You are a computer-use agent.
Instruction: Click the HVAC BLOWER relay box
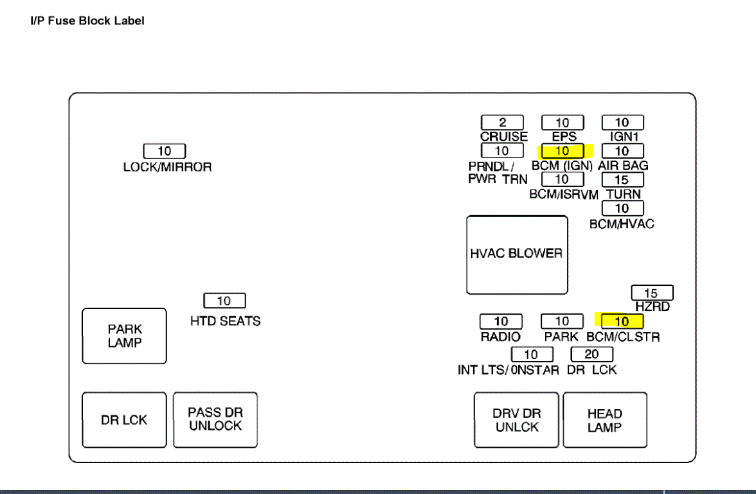pyautogui.click(x=517, y=254)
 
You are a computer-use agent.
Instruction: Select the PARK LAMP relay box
pyautogui.click(x=125, y=336)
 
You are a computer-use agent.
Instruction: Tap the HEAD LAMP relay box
pyautogui.click(x=604, y=420)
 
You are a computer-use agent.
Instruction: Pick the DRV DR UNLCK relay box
pyautogui.click(x=516, y=420)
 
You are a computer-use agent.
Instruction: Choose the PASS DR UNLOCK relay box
pyautogui.click(x=215, y=419)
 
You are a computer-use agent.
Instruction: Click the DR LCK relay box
pyautogui.click(x=124, y=420)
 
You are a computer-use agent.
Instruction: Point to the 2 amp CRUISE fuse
pyautogui.click(x=502, y=123)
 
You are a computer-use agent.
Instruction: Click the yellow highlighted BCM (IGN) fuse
pyautogui.click(x=562, y=151)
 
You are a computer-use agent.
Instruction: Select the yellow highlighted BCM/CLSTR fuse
pyautogui.click(x=622, y=321)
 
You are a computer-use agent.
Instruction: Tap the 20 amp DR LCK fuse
pyautogui.click(x=592, y=354)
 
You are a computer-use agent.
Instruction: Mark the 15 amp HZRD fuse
pyautogui.click(x=652, y=293)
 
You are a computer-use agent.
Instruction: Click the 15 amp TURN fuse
pyautogui.click(x=622, y=180)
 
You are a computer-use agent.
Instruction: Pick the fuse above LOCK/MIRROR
pyautogui.click(x=165, y=152)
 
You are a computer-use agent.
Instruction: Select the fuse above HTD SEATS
pyautogui.click(x=224, y=301)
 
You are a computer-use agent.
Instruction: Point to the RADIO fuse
pyautogui.click(x=501, y=321)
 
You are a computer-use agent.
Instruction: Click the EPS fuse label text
pyautogui.click(x=564, y=137)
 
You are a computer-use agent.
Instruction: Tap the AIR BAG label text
pyautogui.click(x=623, y=165)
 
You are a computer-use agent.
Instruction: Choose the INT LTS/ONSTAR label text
pyautogui.click(x=509, y=370)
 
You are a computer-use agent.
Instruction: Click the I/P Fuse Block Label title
pyautogui.click(x=87, y=21)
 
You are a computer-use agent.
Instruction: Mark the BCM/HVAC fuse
pyautogui.click(x=622, y=208)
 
